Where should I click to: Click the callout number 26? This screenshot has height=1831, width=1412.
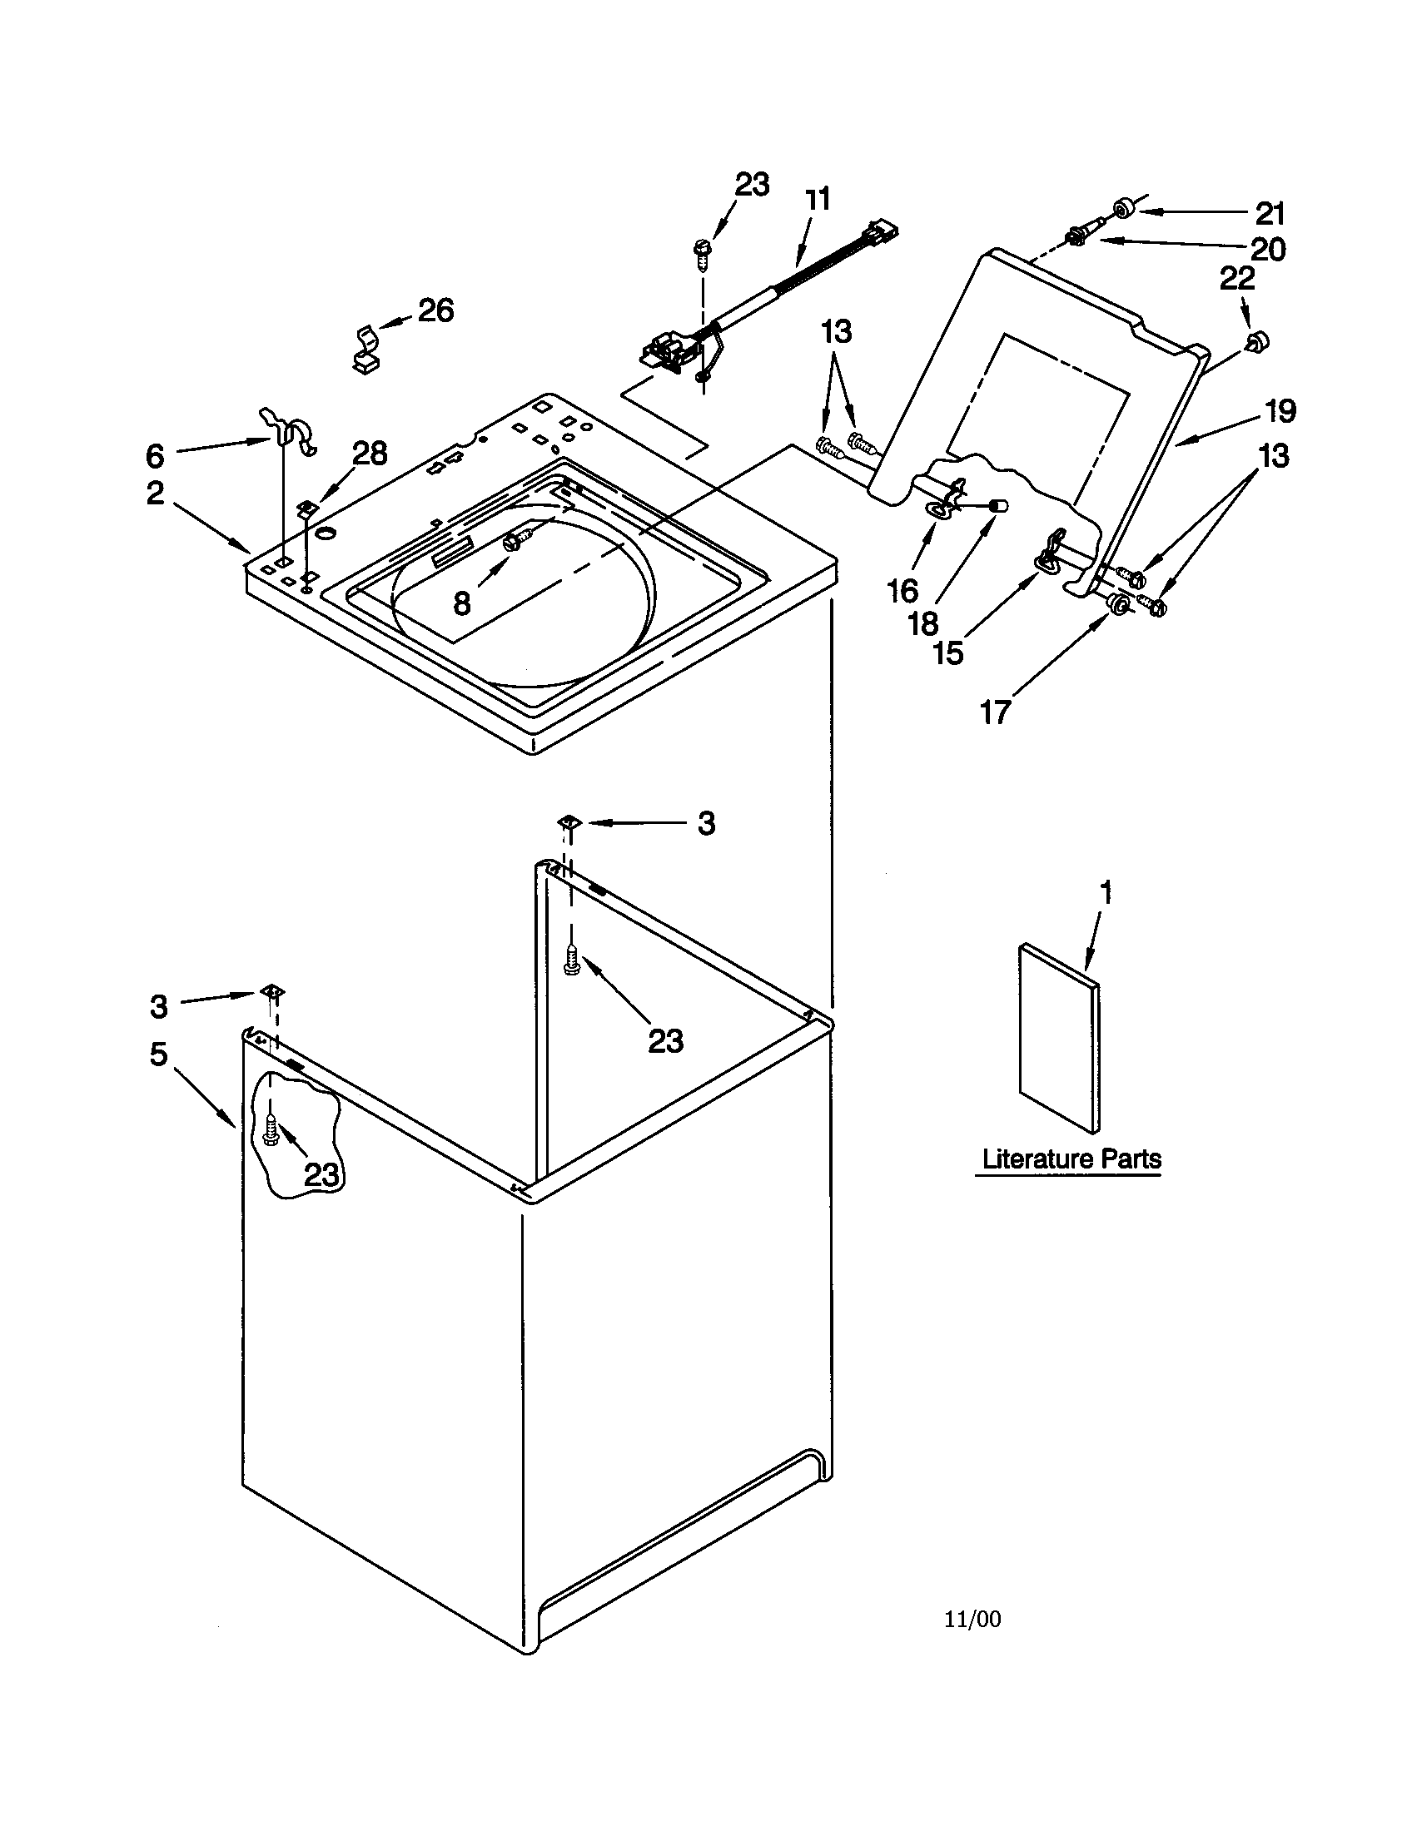(435, 310)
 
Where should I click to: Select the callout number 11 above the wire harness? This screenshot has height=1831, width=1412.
(817, 200)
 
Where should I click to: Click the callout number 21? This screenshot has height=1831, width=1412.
(1270, 214)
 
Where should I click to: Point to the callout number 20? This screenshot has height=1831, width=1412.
(1267, 249)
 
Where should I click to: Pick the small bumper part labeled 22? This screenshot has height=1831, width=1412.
(1256, 340)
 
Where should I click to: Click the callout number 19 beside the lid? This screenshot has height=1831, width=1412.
(1280, 411)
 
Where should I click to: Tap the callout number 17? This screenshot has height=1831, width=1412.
(994, 712)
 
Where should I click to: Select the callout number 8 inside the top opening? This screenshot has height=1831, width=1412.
(461, 603)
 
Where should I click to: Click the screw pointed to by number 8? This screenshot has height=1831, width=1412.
(514, 541)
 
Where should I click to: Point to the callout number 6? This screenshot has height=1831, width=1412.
(155, 456)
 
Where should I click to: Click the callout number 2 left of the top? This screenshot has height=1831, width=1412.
(155, 493)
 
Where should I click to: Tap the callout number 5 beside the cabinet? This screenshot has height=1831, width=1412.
(158, 1054)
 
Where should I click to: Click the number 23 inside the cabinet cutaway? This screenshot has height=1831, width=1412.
(321, 1175)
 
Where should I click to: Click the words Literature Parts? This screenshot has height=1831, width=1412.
(1071, 1159)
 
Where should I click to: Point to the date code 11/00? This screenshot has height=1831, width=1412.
(972, 1619)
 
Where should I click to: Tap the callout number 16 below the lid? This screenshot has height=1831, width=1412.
(902, 592)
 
